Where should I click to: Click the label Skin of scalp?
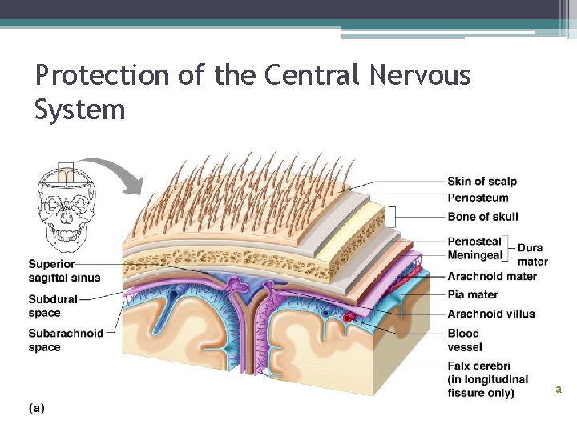[482, 181]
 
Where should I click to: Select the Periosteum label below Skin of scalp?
[478, 198]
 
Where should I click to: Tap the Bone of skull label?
[482, 216]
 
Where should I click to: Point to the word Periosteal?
[474, 241]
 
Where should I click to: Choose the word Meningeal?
[474, 255]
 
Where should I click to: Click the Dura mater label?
[533, 254]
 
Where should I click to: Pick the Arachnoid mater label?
[492, 276]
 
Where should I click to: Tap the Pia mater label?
[473, 294]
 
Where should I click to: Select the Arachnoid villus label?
[491, 314]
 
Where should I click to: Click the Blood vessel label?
[465, 340]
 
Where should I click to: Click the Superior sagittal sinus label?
[65, 270]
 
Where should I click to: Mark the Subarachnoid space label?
[66, 340]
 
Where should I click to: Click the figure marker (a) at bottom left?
[37, 408]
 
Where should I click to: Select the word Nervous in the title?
[420, 76]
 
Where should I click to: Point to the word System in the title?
[80, 109]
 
